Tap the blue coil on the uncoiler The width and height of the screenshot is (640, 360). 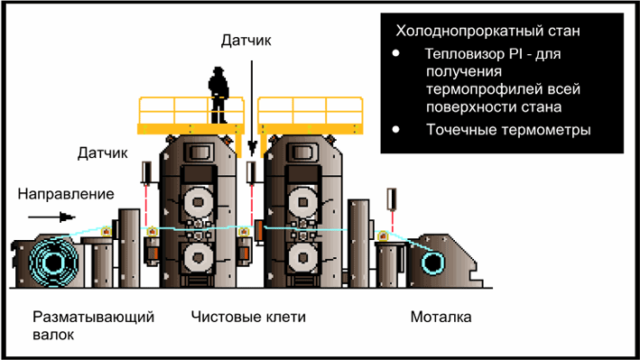50,263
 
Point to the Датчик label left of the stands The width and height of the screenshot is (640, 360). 104,154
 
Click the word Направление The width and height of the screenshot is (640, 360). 67,194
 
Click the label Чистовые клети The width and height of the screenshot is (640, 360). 248,318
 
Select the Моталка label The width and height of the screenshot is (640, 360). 441,318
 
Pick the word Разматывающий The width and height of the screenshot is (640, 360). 94,318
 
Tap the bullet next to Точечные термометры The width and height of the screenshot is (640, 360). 396,129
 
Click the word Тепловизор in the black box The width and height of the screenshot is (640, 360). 462,55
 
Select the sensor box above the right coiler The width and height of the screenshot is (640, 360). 392,198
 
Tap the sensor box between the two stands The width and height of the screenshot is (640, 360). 250,171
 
